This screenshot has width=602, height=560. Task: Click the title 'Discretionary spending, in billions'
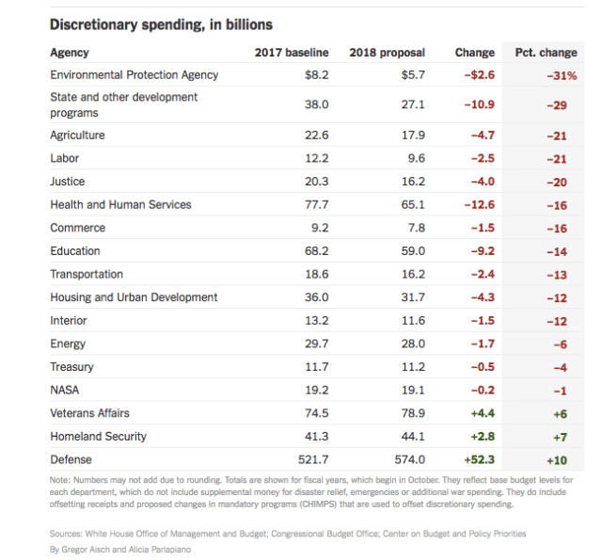pos(161,24)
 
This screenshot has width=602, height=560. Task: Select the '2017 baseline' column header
pos(292,53)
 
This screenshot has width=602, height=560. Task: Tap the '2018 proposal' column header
pos(387,53)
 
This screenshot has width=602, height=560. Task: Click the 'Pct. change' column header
pos(546,53)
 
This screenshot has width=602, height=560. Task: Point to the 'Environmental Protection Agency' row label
pos(134,75)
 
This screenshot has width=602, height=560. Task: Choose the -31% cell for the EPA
pos(562,76)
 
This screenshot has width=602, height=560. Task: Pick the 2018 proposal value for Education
pos(413,251)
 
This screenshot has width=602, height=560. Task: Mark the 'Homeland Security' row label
pos(98,437)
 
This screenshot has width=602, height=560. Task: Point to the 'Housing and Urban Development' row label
pos(134,297)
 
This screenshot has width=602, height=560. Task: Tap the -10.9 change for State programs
pos(478,104)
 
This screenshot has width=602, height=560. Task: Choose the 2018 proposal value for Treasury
pos(413,367)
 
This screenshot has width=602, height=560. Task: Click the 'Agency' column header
pos(70,53)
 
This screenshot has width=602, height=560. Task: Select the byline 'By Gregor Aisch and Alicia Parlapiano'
pos(119,549)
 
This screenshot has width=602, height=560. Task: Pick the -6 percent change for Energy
pos(562,344)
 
